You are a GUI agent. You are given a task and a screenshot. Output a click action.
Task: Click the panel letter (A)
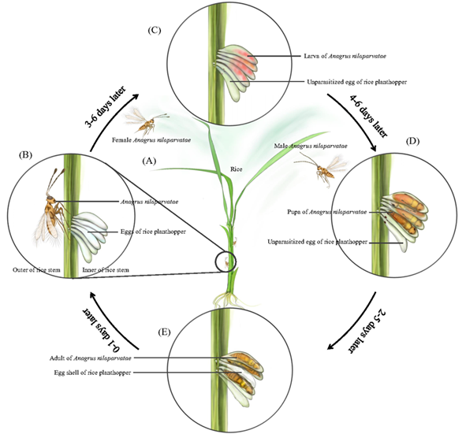149,161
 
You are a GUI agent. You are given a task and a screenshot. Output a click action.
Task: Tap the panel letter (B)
25,155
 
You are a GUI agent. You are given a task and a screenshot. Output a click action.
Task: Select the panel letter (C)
155,31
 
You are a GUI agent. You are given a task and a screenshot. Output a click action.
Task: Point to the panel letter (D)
412,141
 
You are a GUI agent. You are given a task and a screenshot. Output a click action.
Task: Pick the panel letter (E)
164,332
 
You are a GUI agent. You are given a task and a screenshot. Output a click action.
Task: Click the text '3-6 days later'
106,106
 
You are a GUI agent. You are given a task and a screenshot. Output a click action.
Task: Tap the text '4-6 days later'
368,116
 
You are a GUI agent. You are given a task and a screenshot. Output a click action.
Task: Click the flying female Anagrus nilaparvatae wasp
146,120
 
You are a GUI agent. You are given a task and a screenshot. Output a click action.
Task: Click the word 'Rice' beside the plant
237,169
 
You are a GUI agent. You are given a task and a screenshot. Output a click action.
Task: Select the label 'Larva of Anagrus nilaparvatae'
345,56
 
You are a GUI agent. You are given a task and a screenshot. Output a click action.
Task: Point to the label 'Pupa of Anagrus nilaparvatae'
327,212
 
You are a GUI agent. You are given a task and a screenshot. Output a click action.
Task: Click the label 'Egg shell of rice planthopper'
92,373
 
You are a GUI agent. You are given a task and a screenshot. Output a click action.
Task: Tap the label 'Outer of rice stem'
36,270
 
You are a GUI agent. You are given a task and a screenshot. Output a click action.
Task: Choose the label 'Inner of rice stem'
106,270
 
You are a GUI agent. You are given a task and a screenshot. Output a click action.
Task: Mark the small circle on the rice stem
226,262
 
